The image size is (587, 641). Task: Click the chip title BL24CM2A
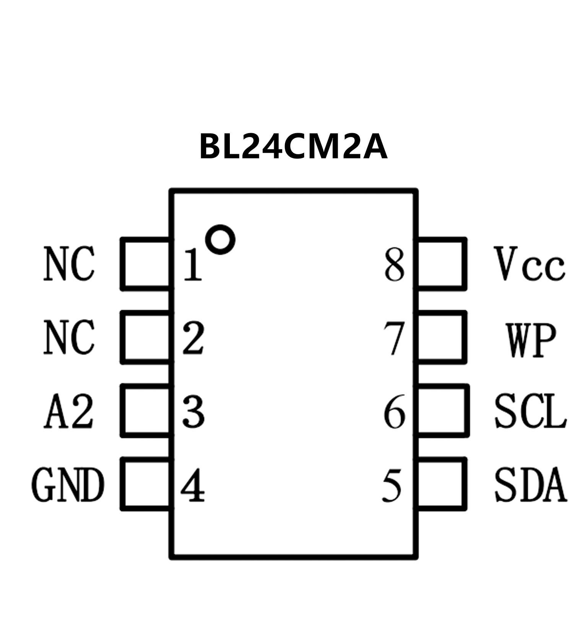click(x=293, y=147)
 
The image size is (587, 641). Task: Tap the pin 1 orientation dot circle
click(x=220, y=239)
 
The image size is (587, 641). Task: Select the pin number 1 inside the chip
click(x=193, y=265)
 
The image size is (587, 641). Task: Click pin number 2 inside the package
click(x=193, y=338)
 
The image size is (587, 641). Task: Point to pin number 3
click(x=193, y=411)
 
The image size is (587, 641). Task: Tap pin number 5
click(x=392, y=485)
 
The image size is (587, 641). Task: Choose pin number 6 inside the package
click(x=394, y=411)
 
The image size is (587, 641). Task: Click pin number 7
click(x=394, y=338)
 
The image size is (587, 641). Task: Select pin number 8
click(x=394, y=265)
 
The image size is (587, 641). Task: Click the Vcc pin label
click(x=529, y=264)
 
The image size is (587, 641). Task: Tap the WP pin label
click(x=530, y=340)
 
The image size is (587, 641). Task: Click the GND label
click(x=68, y=484)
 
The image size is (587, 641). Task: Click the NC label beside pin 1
click(x=69, y=264)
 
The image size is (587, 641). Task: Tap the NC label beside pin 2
click(x=69, y=337)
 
